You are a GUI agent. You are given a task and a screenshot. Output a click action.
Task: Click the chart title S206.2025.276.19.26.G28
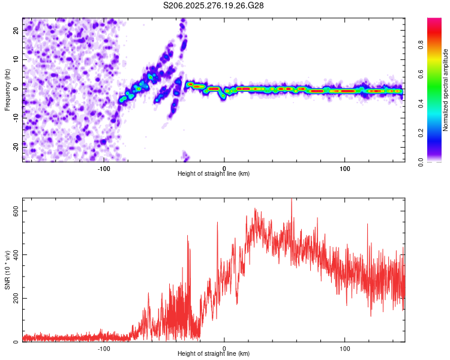(x=214, y=5)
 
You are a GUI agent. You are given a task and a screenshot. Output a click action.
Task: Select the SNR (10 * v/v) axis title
(x=7, y=271)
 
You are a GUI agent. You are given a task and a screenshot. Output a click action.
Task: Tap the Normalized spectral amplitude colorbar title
(x=446, y=90)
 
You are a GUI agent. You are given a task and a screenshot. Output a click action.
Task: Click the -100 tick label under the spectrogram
(x=103, y=168)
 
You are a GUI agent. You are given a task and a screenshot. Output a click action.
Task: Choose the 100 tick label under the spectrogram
(x=345, y=168)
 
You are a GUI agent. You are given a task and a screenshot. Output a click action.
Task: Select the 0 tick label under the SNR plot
(x=224, y=348)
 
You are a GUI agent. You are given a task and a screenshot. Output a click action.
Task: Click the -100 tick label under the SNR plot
(x=103, y=348)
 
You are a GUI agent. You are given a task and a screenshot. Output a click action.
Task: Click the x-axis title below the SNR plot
(x=214, y=355)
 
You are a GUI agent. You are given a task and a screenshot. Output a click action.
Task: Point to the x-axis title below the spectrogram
(x=214, y=174)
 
